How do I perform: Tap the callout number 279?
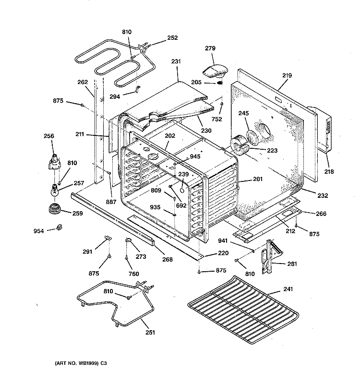click(x=210, y=48)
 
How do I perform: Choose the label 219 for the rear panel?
click(x=287, y=75)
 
